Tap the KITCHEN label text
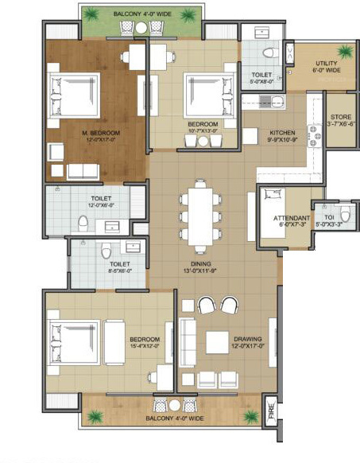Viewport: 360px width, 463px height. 283,132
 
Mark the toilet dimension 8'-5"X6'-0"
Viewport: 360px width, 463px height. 120,270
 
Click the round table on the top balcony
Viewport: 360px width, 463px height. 141,28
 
